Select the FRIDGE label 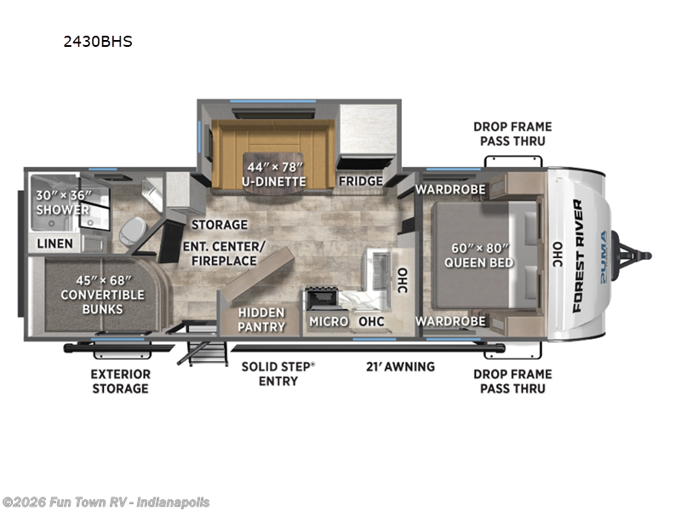coord(360,181)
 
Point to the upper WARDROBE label coord(450,188)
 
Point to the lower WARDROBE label coord(450,321)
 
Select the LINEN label coord(54,244)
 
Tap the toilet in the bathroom coord(132,230)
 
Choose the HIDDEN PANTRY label coord(260,320)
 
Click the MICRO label coord(327,321)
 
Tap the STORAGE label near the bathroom coord(219,225)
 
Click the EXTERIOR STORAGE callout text coord(120,381)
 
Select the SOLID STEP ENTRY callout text coord(278,373)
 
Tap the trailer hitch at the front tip coord(638,255)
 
